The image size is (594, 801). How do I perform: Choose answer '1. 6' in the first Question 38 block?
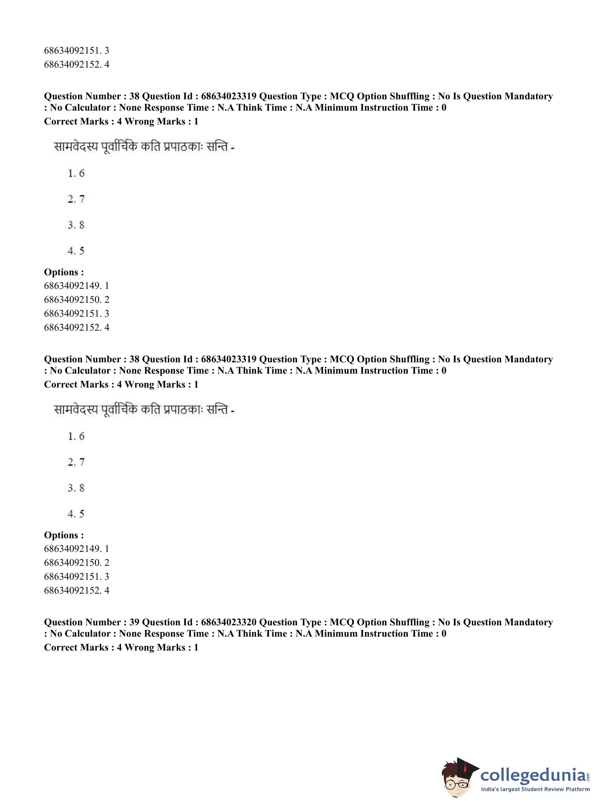[76, 173]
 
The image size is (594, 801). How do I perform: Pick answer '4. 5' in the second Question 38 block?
[76, 514]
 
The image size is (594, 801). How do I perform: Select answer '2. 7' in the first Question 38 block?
[76, 199]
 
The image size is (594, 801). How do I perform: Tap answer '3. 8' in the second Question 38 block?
[76, 488]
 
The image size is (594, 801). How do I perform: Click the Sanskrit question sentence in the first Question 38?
[144, 148]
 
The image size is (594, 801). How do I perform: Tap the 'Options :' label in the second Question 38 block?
[64, 535]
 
